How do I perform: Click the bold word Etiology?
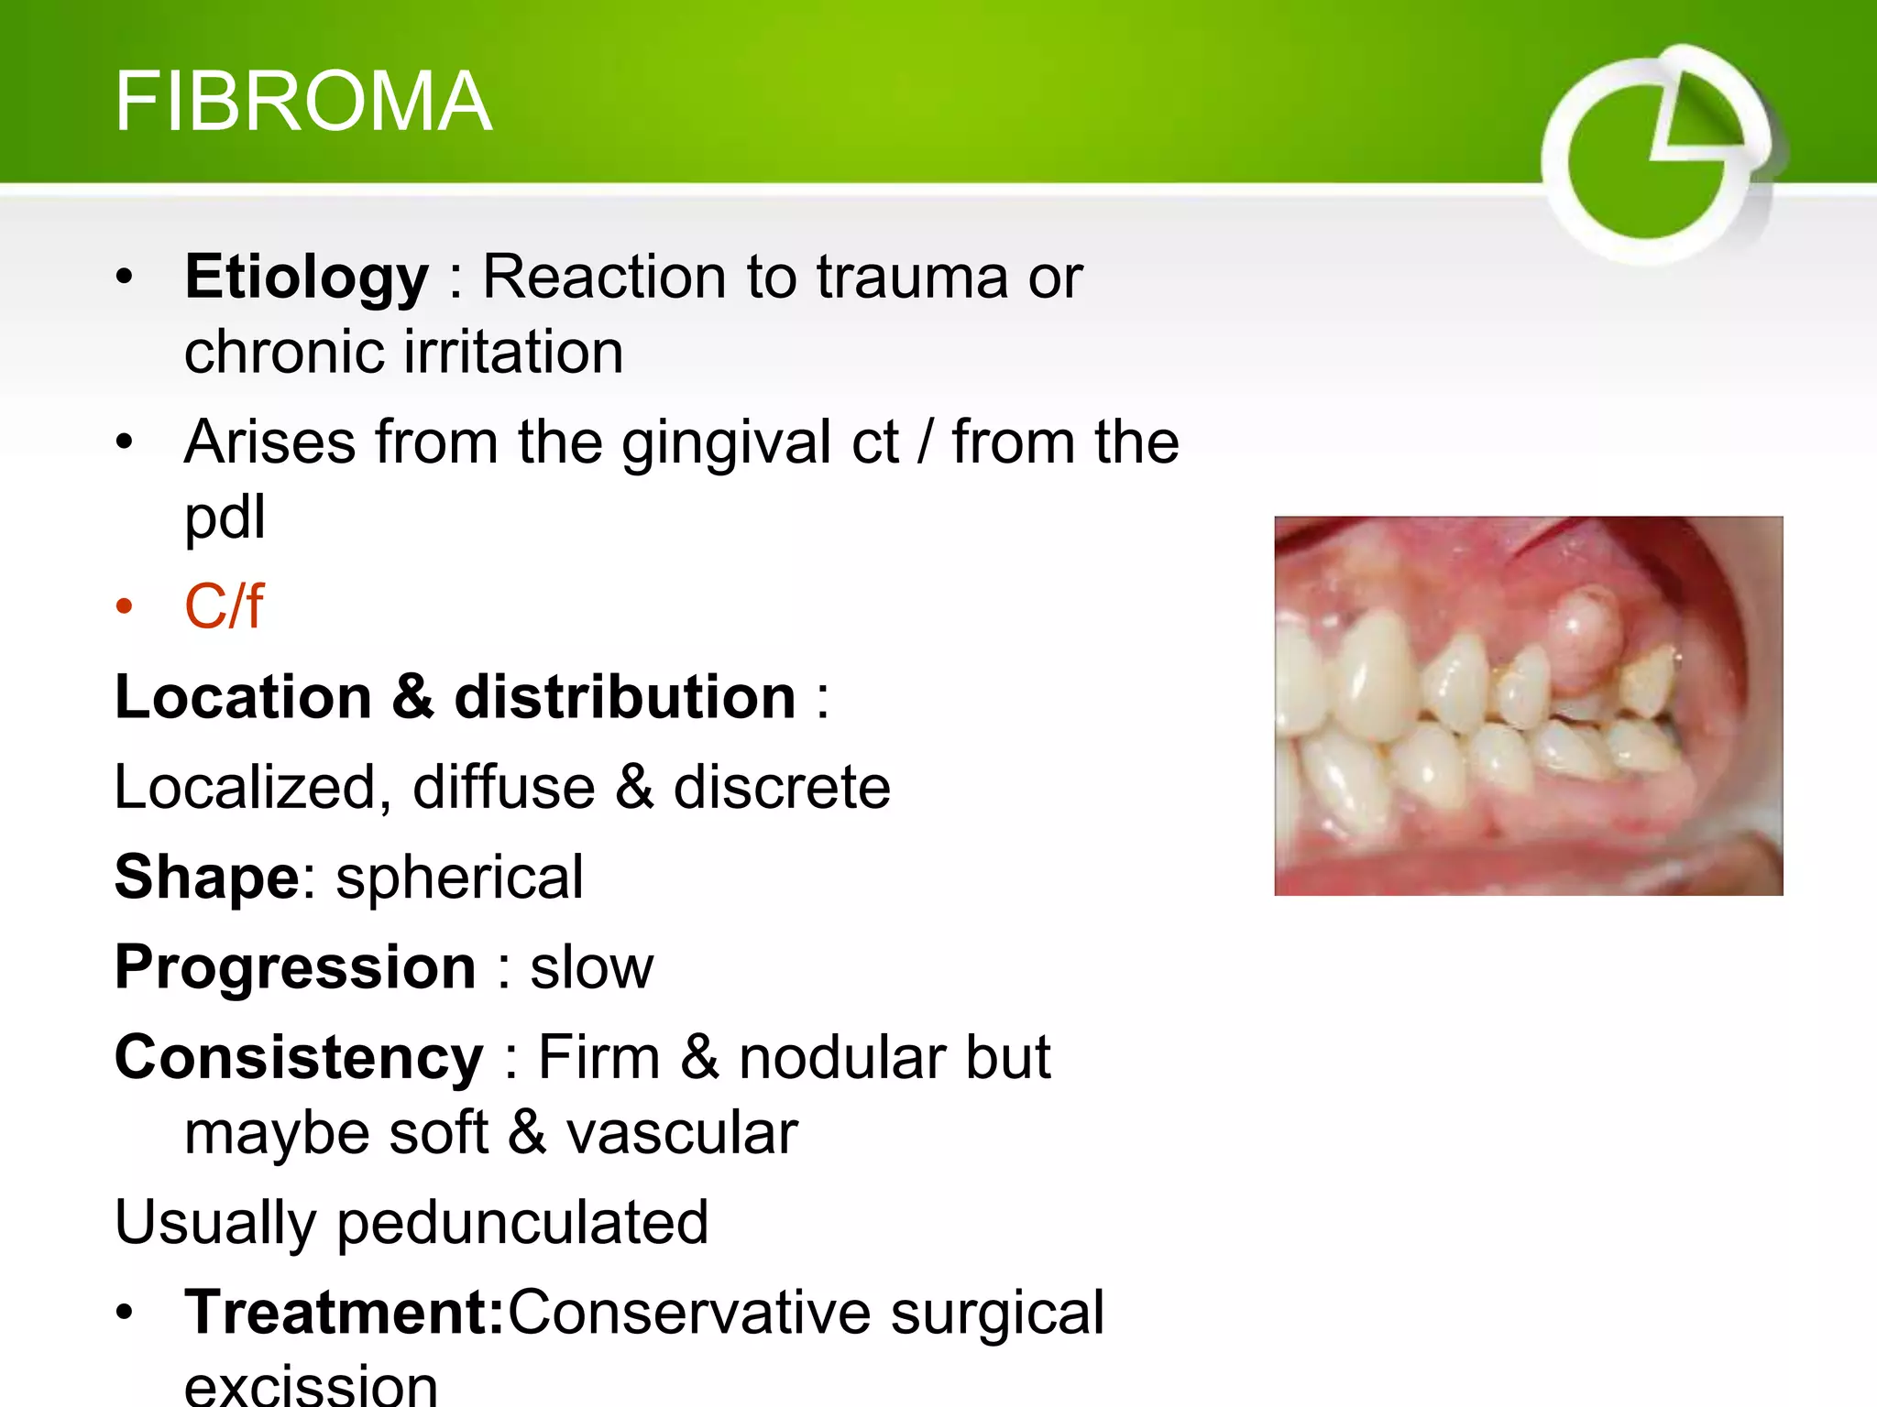coord(306,277)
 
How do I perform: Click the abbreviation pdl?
coord(225,518)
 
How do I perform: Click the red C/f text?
coord(224,606)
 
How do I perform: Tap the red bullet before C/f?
coord(125,606)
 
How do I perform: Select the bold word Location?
coord(243,697)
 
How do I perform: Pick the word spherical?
coord(459,878)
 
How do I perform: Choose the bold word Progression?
coord(295,967)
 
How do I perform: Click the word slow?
coord(591,967)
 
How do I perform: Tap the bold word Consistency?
coord(299,1058)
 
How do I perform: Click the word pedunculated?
coord(522,1223)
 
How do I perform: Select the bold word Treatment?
coord(344,1313)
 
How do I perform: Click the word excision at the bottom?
coord(311,1385)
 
